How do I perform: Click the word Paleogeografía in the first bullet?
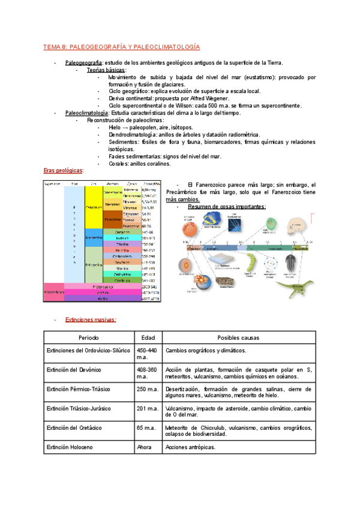pyautogui.click(x=84, y=62)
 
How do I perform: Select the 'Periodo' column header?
pyautogui.click(x=89, y=338)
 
